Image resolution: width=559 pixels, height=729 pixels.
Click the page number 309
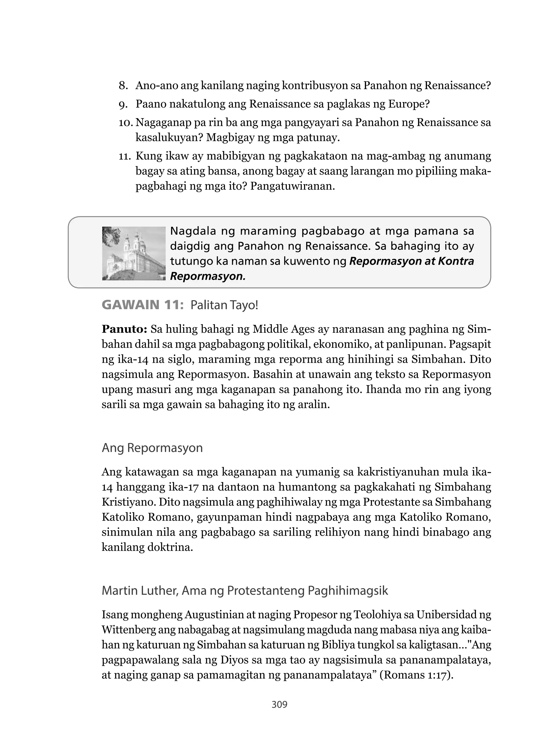pyautogui.click(x=279, y=704)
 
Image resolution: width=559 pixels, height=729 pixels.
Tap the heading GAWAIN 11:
pyautogui.click(x=143, y=305)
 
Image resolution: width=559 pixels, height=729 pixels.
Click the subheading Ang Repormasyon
pyautogui.click(x=152, y=448)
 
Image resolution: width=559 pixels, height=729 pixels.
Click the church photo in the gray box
pyautogui.click(x=134, y=253)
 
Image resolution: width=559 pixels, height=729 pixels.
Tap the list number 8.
pyautogui.click(x=123, y=86)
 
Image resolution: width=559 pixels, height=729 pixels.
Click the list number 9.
pyautogui.click(x=123, y=105)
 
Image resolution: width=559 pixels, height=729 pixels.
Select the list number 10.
pyautogui.click(x=126, y=123)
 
